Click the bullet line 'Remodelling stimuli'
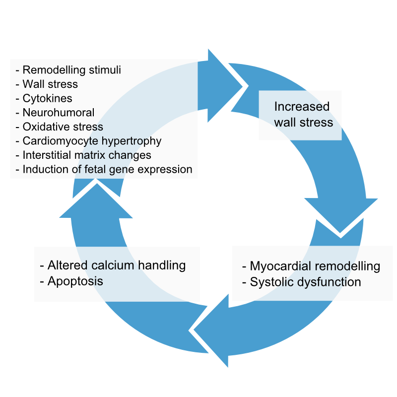tap(71, 70)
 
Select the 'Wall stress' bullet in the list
tap(50, 84)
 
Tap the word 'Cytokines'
tap(47, 99)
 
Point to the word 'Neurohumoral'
tap(59, 113)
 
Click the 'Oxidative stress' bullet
tap(63, 127)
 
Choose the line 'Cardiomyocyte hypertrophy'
tap(92, 141)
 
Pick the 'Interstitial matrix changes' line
tap(87, 155)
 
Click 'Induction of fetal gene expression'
tap(107, 169)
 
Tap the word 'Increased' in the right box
tap(302, 107)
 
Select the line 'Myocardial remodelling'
tap(315, 266)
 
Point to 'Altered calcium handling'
tap(116, 265)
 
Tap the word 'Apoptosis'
tap(75, 281)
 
